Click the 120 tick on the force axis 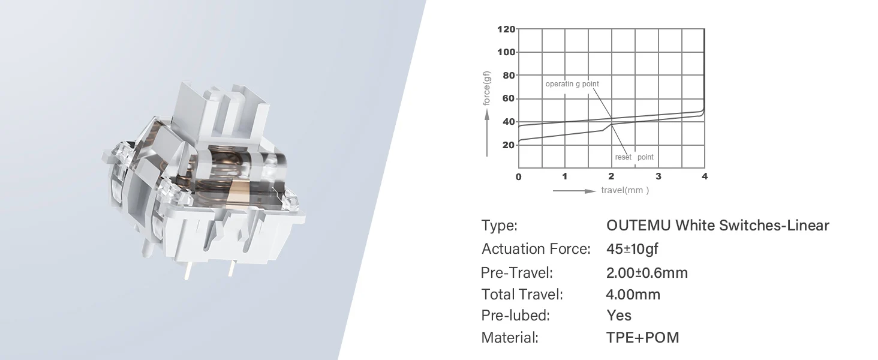point(506,29)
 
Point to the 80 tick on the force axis point(509,75)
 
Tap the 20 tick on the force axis point(509,145)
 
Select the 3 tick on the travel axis point(659,176)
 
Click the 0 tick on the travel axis point(519,177)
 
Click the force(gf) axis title point(486,88)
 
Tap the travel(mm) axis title point(625,190)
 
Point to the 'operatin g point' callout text point(572,84)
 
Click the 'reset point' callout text point(634,157)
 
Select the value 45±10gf point(632,248)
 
